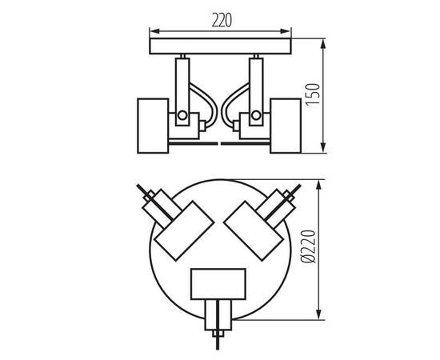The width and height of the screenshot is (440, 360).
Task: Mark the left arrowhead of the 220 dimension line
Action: point(153,34)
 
